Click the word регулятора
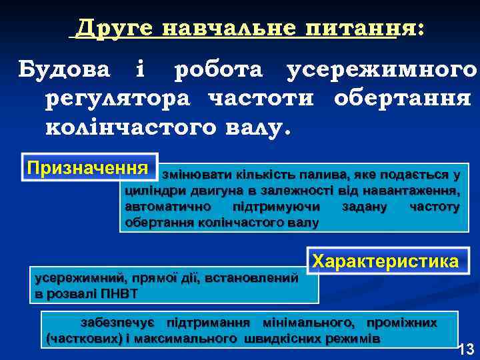pyautogui.click(x=117, y=98)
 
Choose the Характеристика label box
pyautogui.click(x=386, y=261)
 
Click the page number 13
pyautogui.click(x=466, y=348)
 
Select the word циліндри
pyautogui.click(x=151, y=191)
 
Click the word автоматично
pyautogui.click(x=157, y=207)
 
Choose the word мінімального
pyautogui.click(x=308, y=323)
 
